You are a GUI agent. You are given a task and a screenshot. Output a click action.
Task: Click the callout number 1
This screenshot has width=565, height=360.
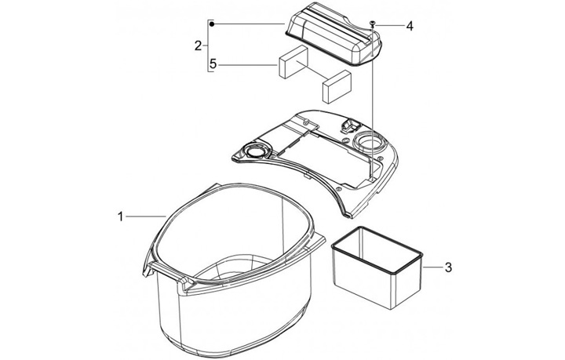point(121,216)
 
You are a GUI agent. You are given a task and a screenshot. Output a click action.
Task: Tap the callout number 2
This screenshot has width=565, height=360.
point(198,45)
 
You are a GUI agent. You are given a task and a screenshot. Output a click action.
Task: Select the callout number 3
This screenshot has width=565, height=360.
point(448,267)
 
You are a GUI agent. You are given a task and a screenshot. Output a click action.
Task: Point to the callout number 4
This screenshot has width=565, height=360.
point(410,26)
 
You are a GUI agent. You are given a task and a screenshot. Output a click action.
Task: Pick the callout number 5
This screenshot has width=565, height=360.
point(213,64)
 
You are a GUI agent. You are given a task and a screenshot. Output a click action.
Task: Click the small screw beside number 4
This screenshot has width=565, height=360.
point(372,24)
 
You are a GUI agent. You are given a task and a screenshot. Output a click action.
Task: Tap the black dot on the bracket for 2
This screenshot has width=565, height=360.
point(212,24)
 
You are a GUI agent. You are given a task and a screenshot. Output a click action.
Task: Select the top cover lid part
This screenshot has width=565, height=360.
point(334,38)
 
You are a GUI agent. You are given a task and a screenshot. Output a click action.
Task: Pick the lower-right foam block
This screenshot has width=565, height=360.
point(336,86)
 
